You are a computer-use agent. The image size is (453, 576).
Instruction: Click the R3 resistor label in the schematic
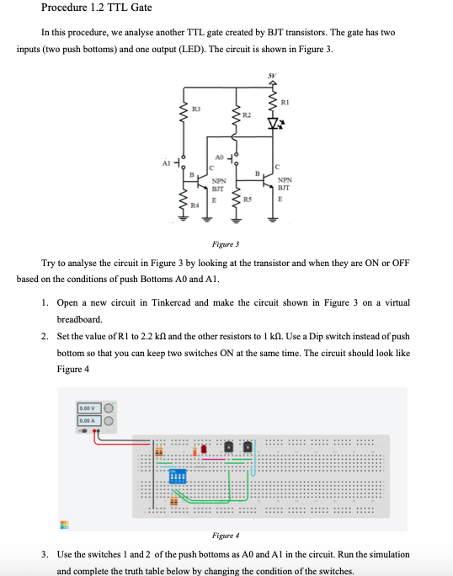coord(195,109)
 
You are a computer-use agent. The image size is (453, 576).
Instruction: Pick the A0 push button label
coord(219,156)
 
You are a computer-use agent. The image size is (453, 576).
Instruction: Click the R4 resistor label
coord(195,205)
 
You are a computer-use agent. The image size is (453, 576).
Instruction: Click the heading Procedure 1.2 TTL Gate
coord(97,8)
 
